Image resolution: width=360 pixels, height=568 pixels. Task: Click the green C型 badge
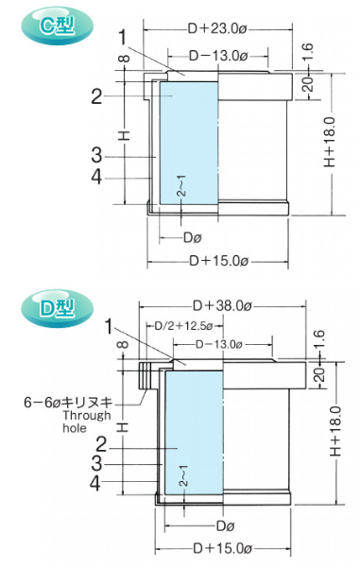(x=57, y=26)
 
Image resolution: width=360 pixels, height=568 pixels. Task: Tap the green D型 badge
(x=57, y=308)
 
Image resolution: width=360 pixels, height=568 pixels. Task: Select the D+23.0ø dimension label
(x=217, y=28)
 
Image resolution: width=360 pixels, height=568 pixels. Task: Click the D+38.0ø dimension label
(x=222, y=306)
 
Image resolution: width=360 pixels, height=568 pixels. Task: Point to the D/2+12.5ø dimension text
(x=183, y=326)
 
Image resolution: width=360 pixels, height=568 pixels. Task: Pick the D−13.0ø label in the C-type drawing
(x=218, y=56)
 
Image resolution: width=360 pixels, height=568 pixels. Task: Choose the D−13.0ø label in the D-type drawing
(x=219, y=344)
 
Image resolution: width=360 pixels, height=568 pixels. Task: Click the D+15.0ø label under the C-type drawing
(x=219, y=261)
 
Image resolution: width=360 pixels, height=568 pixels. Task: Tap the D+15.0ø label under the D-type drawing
(x=222, y=548)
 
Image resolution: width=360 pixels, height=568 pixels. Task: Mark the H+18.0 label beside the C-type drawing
(x=330, y=142)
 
